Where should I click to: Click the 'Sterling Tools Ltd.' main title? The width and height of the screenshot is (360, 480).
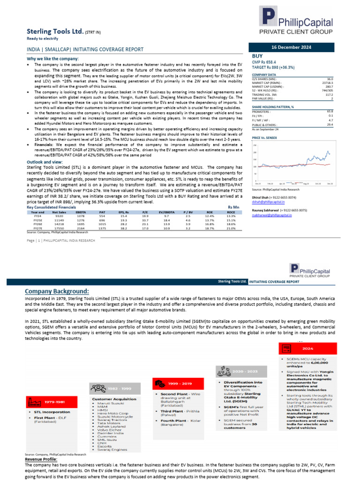click(x=56, y=32)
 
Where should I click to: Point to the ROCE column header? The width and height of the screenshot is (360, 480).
click(x=231, y=212)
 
